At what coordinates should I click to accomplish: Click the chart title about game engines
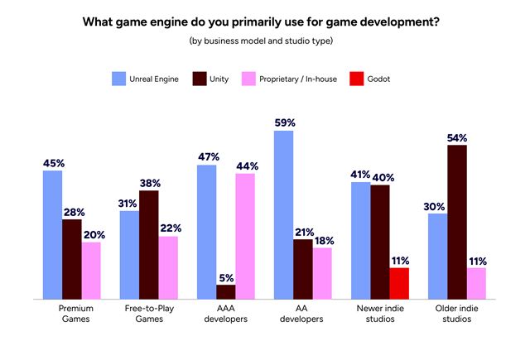point(265,22)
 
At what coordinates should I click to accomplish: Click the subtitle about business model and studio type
point(265,41)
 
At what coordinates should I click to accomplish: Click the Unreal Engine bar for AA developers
point(285,215)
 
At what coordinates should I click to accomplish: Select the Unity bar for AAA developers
point(226,291)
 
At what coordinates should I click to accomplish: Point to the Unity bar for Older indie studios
point(455,222)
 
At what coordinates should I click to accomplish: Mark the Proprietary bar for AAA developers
point(245,236)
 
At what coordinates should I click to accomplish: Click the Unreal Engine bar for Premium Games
point(53,235)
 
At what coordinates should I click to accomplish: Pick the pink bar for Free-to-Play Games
point(168,266)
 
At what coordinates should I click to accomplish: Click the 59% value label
point(285,122)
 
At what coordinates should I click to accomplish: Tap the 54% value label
point(455,137)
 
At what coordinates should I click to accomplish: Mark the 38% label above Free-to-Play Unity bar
point(149,183)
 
